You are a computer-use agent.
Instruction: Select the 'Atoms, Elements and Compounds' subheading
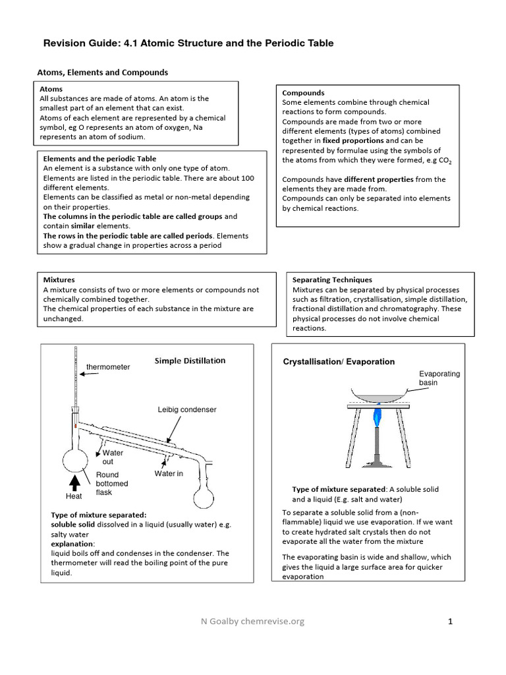tap(101, 73)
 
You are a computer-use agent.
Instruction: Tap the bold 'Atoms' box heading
tap(51, 89)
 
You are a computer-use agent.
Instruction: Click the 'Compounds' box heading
tap(303, 93)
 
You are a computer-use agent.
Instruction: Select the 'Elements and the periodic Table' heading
tap(99, 159)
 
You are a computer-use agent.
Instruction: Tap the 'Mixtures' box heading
tap(59, 280)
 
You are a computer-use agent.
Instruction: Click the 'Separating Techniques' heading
tap(332, 280)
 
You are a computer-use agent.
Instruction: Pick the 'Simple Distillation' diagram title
tap(190, 361)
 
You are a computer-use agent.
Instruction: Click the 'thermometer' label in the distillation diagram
tap(108, 367)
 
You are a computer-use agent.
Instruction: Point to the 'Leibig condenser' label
tap(186, 409)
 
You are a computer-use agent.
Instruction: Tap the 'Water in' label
tap(169, 473)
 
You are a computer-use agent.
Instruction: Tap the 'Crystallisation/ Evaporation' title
tap(339, 361)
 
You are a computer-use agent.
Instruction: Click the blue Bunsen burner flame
tap(378, 417)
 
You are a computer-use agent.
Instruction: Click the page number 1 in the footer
tap(451, 621)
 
